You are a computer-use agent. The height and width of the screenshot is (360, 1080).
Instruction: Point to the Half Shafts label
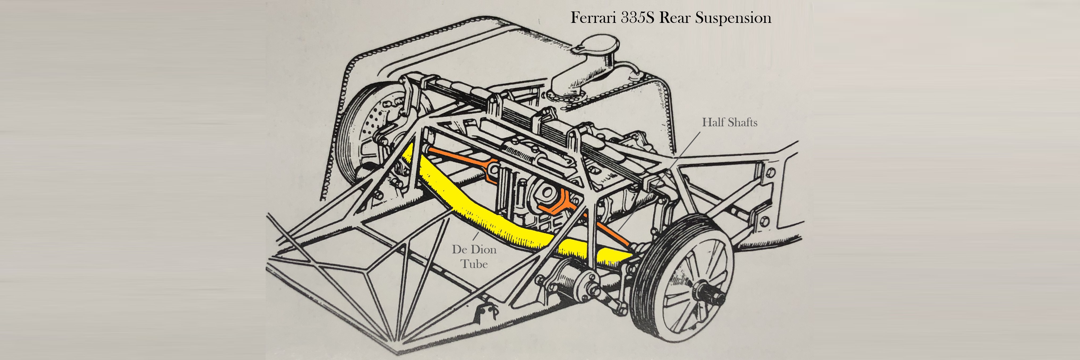(x=729, y=122)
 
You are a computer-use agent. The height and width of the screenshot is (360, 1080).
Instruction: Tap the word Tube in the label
(x=474, y=264)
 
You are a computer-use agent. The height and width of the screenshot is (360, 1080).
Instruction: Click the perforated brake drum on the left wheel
(x=369, y=122)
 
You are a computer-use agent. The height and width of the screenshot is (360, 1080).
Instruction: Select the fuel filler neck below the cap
(x=574, y=79)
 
